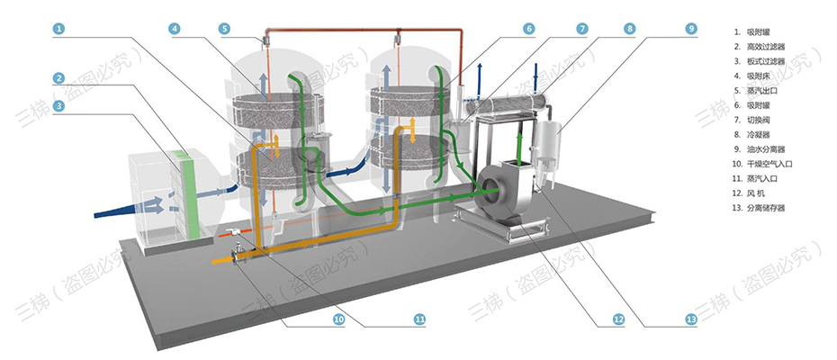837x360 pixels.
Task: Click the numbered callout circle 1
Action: pos(58,29)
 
